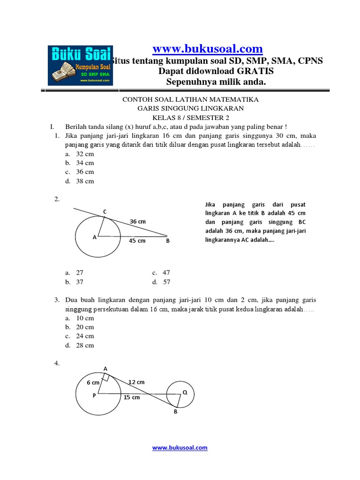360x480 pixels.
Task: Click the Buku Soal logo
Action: click(x=80, y=65)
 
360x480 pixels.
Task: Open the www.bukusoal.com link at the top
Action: click(x=208, y=49)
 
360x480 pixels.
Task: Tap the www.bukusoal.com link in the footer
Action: click(x=180, y=448)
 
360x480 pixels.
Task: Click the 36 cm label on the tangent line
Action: click(x=138, y=221)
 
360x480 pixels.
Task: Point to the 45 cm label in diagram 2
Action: click(x=137, y=241)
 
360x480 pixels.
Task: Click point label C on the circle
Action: click(x=105, y=212)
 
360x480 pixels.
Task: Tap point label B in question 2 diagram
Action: click(x=167, y=241)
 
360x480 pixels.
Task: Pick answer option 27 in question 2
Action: click(x=79, y=272)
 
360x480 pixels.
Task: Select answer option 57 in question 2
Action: click(x=166, y=282)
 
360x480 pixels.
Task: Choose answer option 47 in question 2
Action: click(x=166, y=272)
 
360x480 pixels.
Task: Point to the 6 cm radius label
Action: click(x=92, y=382)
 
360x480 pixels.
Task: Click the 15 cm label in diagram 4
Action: click(x=132, y=397)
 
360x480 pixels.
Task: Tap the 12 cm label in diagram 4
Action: click(x=136, y=382)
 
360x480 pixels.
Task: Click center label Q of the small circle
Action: click(x=185, y=393)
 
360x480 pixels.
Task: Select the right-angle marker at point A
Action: click(x=106, y=378)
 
